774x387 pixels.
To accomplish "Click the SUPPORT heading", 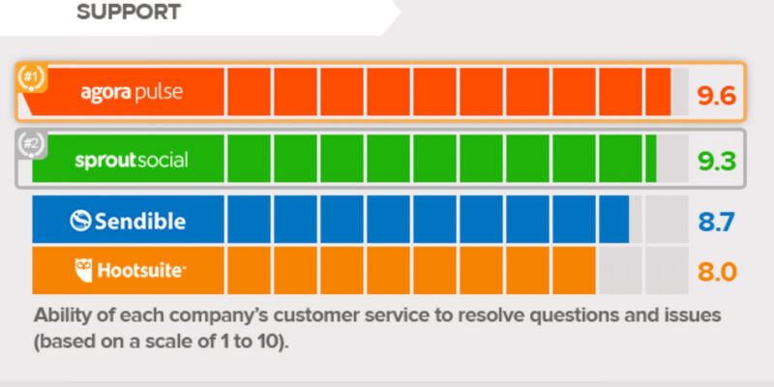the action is click(129, 13).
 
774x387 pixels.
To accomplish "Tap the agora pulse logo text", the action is click(132, 92).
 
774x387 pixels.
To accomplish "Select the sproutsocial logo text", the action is click(132, 160).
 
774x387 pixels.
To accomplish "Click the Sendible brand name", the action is click(140, 222).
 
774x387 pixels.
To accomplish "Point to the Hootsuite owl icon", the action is click(83, 271).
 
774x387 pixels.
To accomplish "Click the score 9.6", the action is click(716, 95).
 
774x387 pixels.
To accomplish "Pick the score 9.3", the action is click(716, 162).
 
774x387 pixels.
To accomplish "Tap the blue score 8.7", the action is click(716, 222).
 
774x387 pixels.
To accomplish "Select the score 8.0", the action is click(717, 272).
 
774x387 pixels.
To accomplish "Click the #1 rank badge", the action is click(32, 77).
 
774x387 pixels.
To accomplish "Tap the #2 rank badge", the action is click(32, 144).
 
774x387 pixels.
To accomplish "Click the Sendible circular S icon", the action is click(80, 221).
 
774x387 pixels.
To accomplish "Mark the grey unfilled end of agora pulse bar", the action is click(679, 92).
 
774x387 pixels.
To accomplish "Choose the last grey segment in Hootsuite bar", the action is click(667, 271).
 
